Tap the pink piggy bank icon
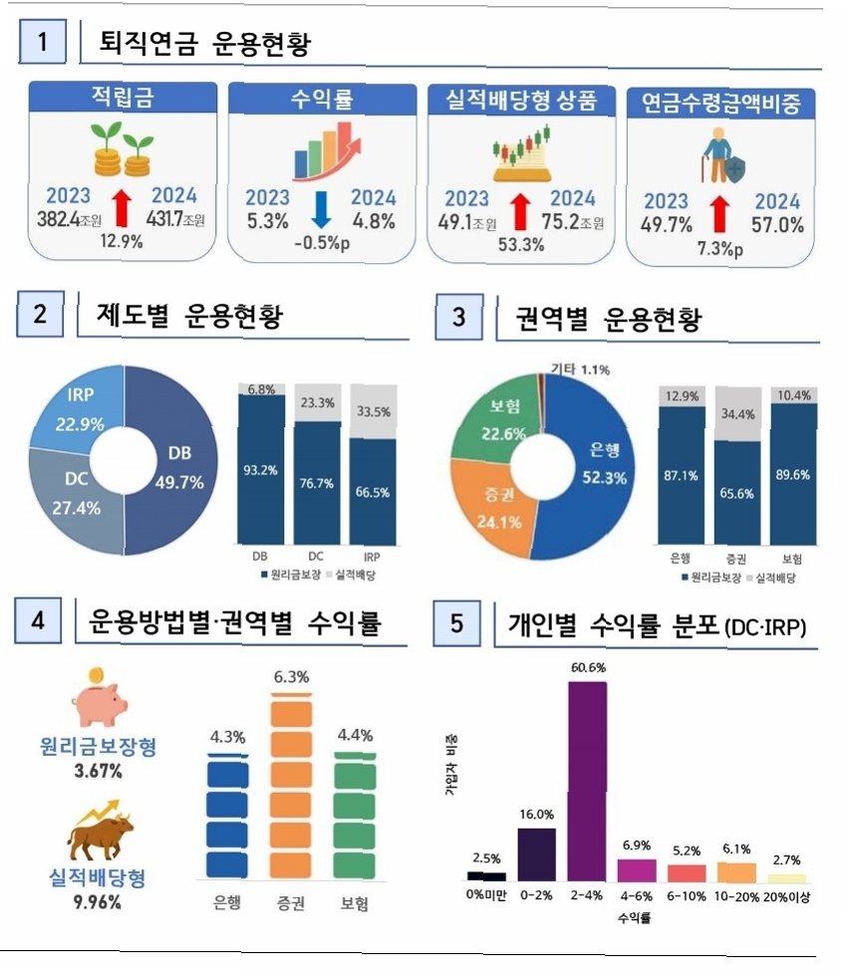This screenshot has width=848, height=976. [99, 698]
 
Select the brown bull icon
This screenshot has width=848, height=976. [100, 831]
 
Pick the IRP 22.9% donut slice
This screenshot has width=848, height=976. [78, 409]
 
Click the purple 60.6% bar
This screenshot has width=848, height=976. [587, 781]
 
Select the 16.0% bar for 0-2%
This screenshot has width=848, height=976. [537, 854]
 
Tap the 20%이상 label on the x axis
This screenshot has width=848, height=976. [787, 896]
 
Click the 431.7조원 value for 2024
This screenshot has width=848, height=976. [175, 218]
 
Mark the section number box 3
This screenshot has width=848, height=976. [458, 317]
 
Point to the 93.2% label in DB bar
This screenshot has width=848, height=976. [260, 470]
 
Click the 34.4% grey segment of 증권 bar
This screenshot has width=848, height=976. [737, 414]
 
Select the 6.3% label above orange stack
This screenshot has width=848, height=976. [291, 676]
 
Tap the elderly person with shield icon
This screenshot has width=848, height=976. [722, 155]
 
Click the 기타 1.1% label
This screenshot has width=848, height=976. [580, 369]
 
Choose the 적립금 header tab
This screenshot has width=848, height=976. [123, 98]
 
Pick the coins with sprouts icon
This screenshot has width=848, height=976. [122, 149]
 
